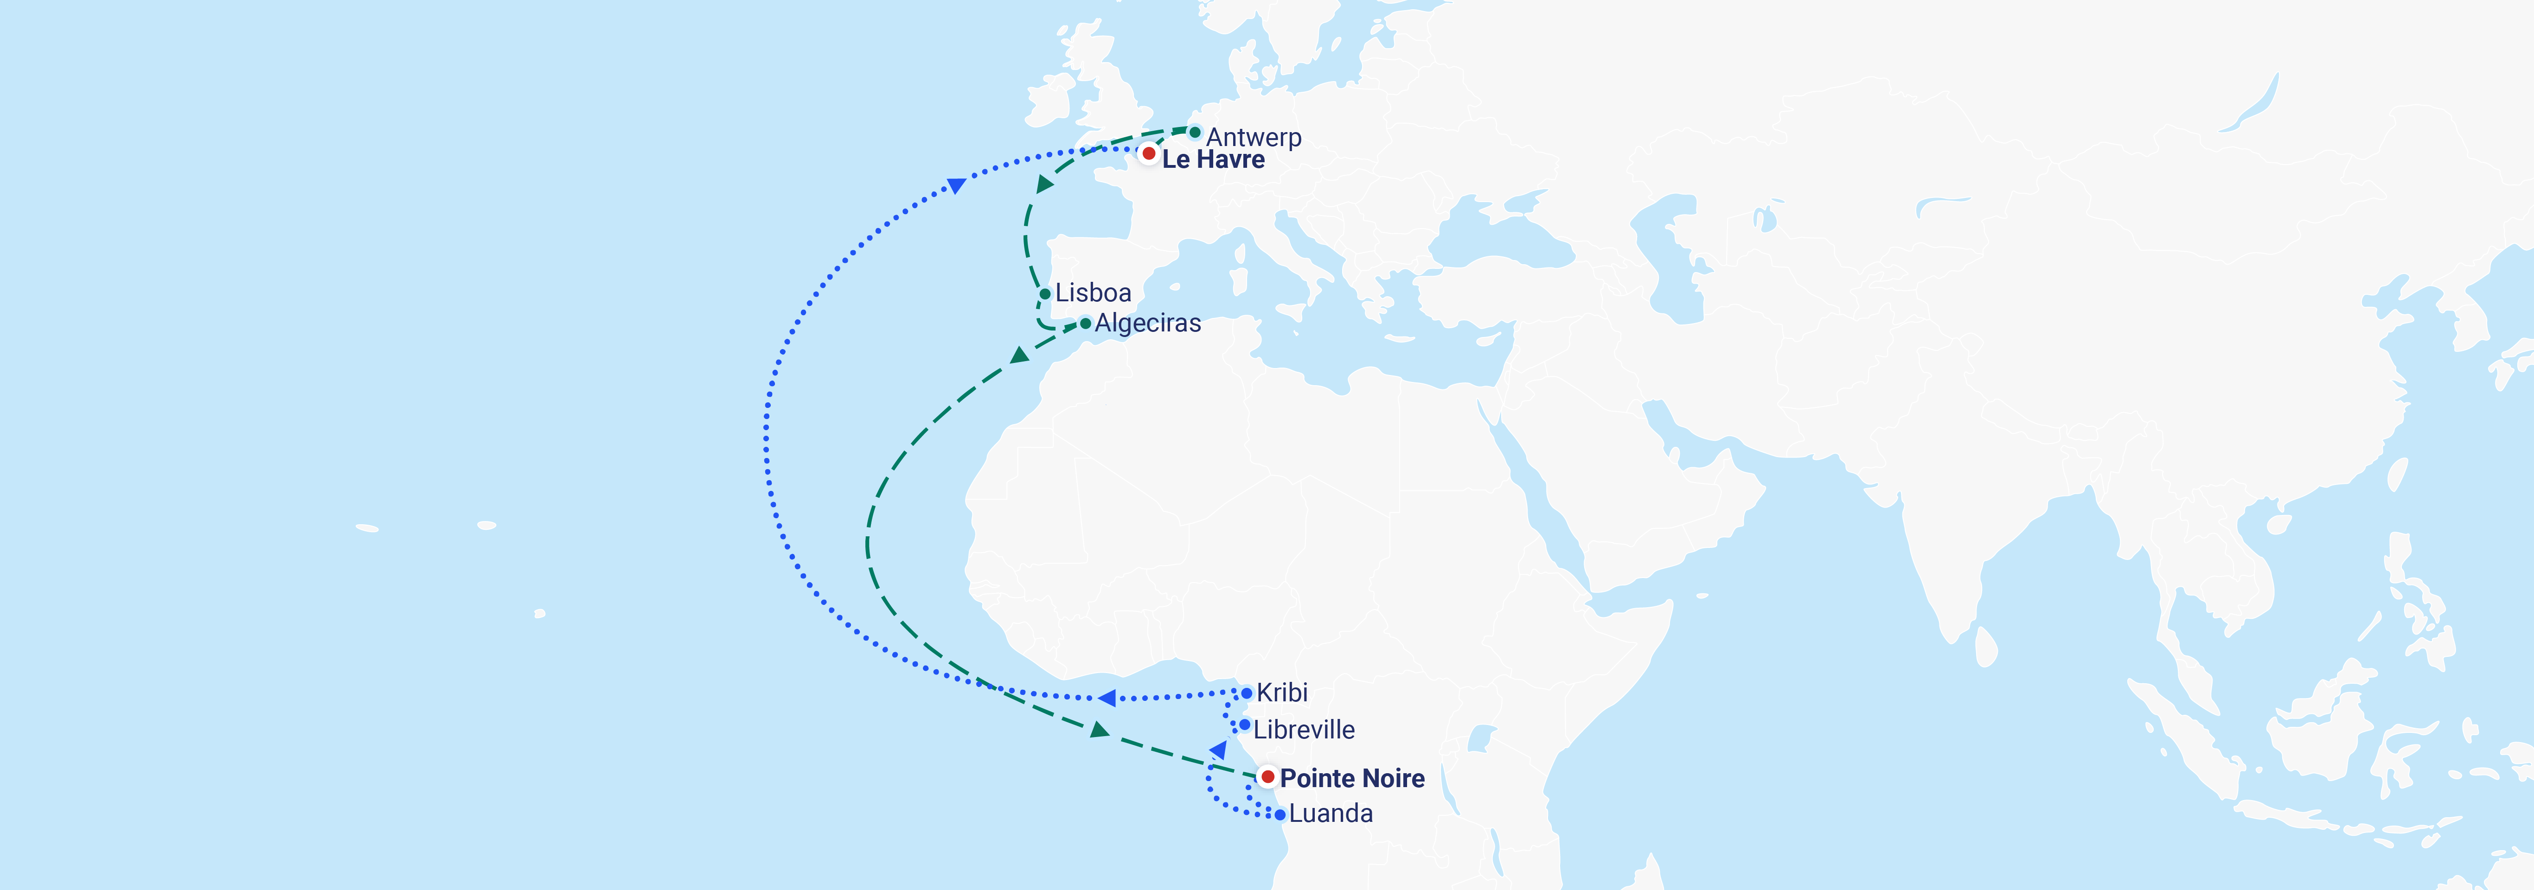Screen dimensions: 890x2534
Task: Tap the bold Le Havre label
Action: coord(1213,159)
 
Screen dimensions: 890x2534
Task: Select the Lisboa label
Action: coord(1093,293)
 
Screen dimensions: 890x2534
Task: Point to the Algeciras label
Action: coord(1147,324)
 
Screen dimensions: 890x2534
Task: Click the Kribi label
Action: coord(1282,693)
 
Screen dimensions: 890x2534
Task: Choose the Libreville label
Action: coord(1303,730)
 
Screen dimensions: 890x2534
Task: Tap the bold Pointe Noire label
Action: coord(1351,778)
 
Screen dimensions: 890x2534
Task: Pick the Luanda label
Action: coord(1330,814)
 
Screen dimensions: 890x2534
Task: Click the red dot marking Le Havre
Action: coord(1148,153)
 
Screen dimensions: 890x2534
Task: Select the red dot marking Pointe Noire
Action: coord(1268,777)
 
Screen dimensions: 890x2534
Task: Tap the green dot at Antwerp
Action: coord(1194,132)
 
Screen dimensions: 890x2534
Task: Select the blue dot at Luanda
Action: coord(1280,814)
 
